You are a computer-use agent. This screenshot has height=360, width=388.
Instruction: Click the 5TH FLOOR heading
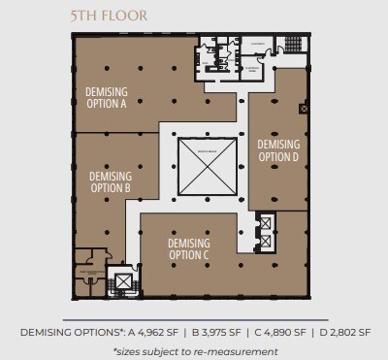(x=109, y=16)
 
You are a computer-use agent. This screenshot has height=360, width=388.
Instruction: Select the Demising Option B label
(x=110, y=181)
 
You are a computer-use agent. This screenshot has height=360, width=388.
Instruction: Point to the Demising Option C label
(x=188, y=248)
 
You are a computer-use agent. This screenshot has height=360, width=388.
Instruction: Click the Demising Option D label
(x=278, y=150)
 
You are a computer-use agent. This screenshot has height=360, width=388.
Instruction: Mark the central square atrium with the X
(x=206, y=169)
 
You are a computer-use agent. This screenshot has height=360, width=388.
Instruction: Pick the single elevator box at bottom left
(x=124, y=283)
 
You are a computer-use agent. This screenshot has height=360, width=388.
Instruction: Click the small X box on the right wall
(x=304, y=110)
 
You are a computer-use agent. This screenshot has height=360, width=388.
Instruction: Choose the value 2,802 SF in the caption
(x=340, y=333)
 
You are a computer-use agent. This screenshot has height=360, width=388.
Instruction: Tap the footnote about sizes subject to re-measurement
(x=195, y=349)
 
